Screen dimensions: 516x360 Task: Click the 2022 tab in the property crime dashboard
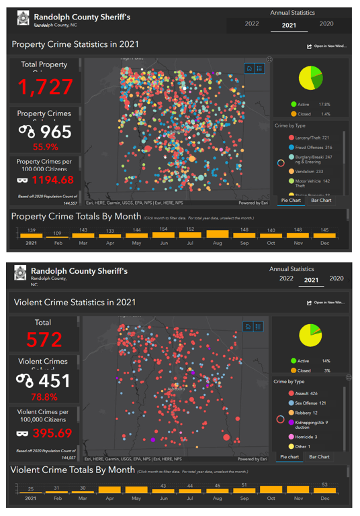252,24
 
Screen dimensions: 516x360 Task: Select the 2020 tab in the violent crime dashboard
336,278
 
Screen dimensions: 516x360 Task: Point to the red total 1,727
45,87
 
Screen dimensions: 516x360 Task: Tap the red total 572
44,340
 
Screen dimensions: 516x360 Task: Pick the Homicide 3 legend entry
310,437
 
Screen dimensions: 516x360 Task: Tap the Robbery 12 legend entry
310,413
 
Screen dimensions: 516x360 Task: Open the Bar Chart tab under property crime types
321,201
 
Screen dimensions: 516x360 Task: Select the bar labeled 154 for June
164,235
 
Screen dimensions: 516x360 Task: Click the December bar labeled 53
324,489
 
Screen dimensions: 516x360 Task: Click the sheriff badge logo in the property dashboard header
22,18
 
